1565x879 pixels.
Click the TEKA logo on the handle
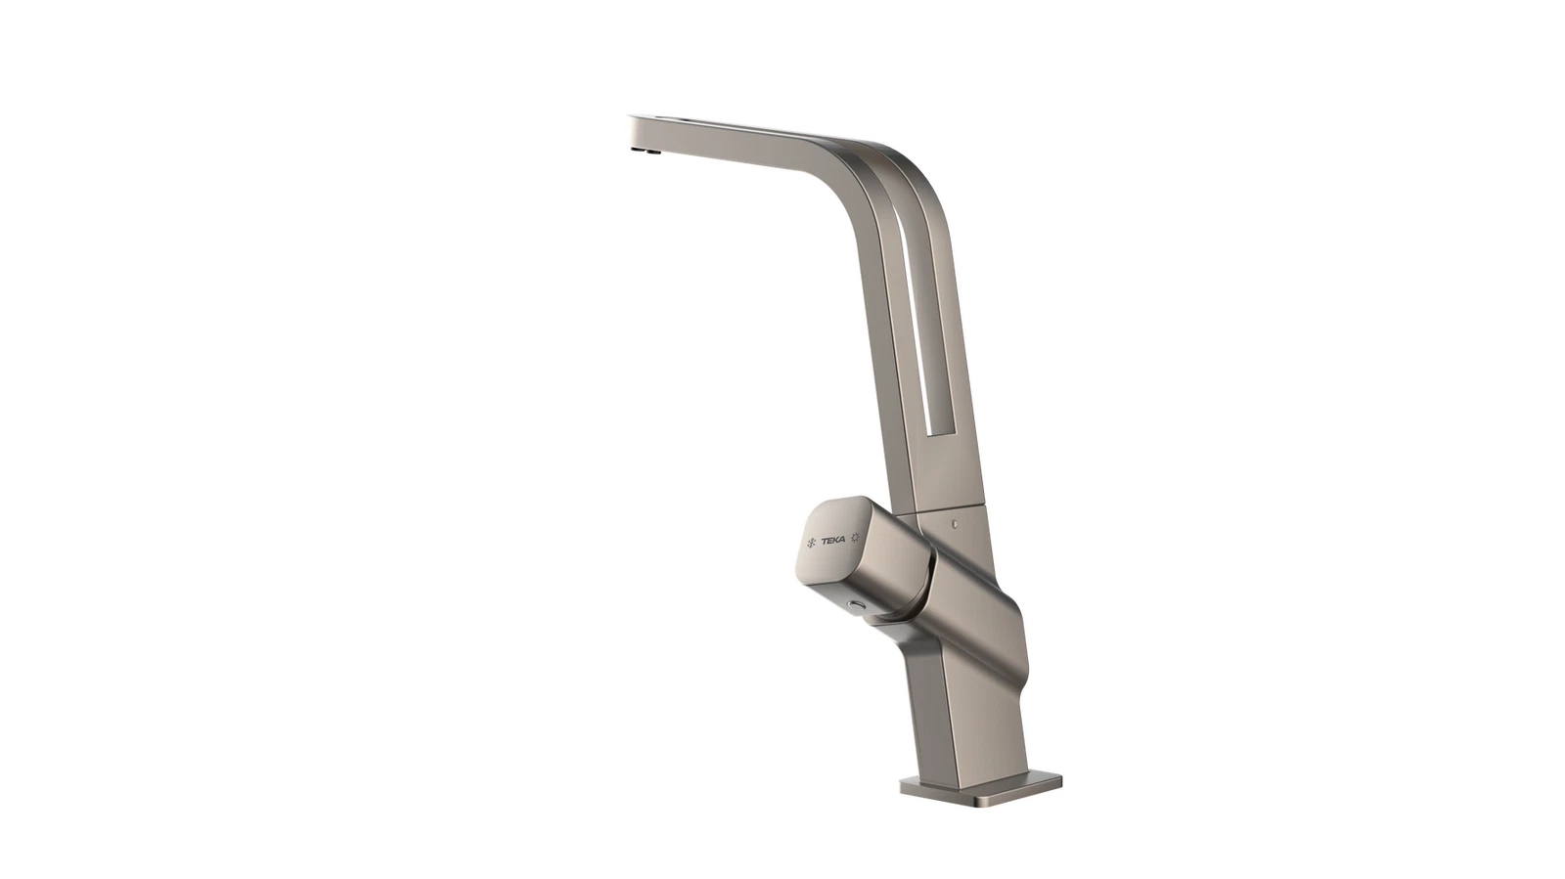coord(832,540)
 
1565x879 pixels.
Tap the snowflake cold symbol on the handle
coord(811,543)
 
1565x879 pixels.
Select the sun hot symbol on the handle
coord(855,537)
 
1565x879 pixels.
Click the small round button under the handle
coord(853,604)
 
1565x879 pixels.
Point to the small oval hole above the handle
coord(955,522)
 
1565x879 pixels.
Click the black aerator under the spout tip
coord(645,150)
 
